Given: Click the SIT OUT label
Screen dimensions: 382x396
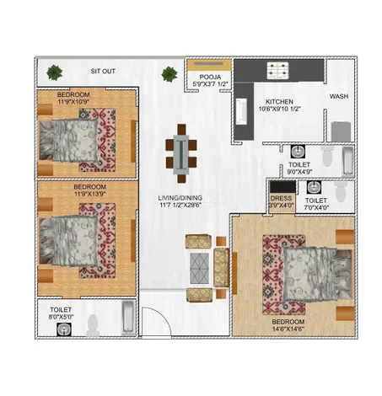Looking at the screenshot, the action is click(103, 72).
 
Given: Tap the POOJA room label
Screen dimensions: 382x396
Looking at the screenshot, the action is click(210, 77).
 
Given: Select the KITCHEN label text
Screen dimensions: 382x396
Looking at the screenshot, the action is click(279, 102).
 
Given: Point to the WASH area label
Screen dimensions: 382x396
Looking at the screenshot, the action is click(339, 96).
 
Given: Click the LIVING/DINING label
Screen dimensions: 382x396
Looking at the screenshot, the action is click(180, 198).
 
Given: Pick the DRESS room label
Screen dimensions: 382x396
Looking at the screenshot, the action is click(282, 198).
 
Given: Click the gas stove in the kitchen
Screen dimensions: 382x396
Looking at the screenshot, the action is click(277, 70).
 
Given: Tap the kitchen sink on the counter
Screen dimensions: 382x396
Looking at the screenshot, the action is click(241, 111).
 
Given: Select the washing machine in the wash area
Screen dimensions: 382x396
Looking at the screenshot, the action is click(341, 131).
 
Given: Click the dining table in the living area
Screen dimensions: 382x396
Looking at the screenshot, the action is click(181, 154).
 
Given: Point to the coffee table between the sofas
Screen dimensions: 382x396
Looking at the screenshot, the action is click(199, 268).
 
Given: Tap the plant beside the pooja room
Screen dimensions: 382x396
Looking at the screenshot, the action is click(169, 74).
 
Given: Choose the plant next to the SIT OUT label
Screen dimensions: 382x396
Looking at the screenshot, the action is click(55, 72).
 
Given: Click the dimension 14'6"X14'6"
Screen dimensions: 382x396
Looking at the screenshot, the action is click(288, 329).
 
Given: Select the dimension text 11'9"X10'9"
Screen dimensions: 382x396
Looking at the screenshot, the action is click(73, 102).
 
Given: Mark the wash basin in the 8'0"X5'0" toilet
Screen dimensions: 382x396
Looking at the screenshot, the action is click(64, 329).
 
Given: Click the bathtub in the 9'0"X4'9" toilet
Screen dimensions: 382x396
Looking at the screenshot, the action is click(347, 162).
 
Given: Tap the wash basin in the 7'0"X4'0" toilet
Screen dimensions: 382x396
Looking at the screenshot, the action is click(314, 187).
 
